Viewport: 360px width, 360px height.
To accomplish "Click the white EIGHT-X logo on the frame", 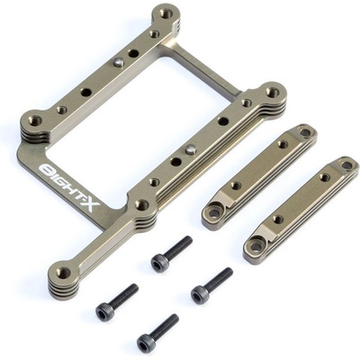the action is (69, 186).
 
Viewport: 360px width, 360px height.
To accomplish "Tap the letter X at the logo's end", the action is (92, 204).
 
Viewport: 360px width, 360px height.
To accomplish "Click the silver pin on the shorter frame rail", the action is (119, 63).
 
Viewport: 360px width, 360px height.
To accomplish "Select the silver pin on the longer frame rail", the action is (190, 148).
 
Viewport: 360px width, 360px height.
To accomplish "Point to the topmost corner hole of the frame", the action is (166, 13).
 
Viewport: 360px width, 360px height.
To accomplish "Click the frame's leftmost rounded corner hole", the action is (35, 120).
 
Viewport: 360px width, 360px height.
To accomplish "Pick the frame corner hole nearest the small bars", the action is (272, 91).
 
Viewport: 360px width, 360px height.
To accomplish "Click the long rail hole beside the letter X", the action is (142, 205).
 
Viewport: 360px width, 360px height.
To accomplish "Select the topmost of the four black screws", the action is (172, 254).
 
